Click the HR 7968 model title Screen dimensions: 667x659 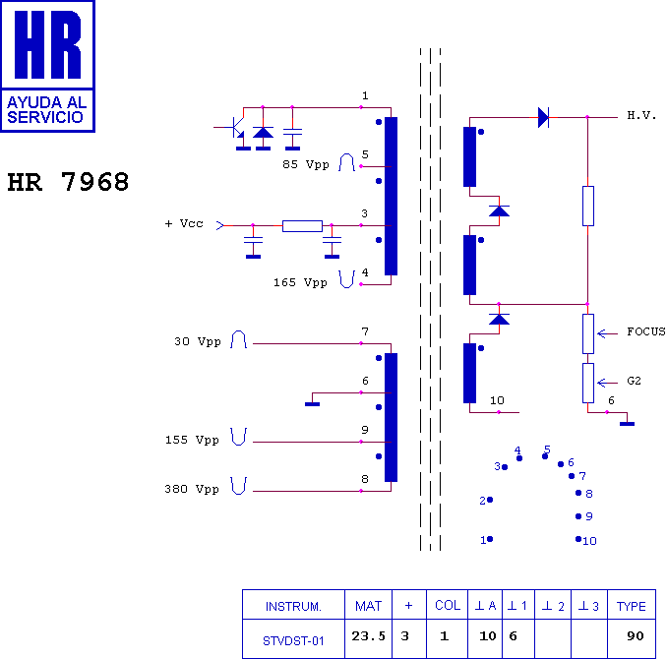point(68,182)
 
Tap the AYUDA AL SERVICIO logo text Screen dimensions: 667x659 point(47,110)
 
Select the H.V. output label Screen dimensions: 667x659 point(641,115)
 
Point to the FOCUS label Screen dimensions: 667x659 point(646,331)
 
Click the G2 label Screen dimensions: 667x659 point(634,381)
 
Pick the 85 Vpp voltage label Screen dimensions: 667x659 point(306,164)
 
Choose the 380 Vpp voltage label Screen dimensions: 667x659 point(192,489)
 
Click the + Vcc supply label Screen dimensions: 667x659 point(184,223)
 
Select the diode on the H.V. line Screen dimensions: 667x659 point(543,117)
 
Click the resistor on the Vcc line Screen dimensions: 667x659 point(302,226)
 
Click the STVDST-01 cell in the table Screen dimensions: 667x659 point(293,640)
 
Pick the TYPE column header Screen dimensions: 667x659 point(632,606)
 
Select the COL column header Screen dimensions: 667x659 point(448,606)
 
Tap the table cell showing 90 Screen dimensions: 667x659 point(636,636)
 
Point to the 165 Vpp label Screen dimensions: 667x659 point(300,282)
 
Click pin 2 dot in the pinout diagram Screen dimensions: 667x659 point(490,500)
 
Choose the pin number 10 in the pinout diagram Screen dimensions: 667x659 point(589,541)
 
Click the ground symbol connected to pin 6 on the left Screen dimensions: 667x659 point(312,404)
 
